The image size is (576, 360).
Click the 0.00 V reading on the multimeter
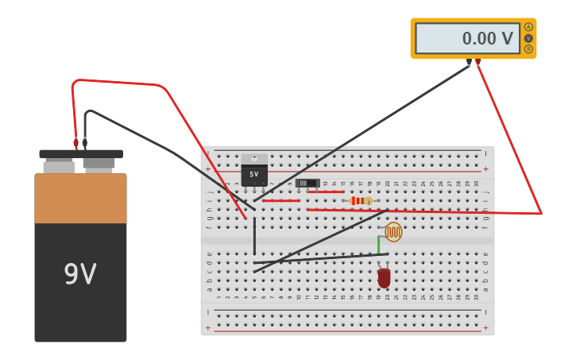pyautogui.click(x=487, y=38)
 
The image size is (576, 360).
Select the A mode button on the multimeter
pyautogui.click(x=528, y=27)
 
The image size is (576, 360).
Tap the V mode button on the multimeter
pyautogui.click(x=528, y=38)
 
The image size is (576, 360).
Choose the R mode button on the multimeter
pyautogui.click(x=528, y=49)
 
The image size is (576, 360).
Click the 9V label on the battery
pyautogui.click(x=80, y=274)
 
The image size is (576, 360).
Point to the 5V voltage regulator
pyautogui.click(x=254, y=174)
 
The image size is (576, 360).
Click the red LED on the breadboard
pyautogui.click(x=384, y=277)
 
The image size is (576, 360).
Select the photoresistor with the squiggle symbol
pyautogui.click(x=393, y=232)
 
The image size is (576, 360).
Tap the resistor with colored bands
pyautogui.click(x=360, y=201)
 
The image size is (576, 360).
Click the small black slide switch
pyautogui.click(x=307, y=183)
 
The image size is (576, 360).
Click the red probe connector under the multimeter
pyautogui.click(x=477, y=62)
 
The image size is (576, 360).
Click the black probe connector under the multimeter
pyautogui.click(x=469, y=62)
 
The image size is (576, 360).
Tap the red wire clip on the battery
pyautogui.click(x=76, y=144)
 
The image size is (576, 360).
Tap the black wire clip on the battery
pyautogui.click(x=85, y=144)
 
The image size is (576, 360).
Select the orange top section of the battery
pyautogui.click(x=80, y=199)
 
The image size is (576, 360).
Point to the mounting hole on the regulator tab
pyautogui.click(x=254, y=158)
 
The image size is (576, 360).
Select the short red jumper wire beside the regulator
pyautogui.click(x=281, y=201)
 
